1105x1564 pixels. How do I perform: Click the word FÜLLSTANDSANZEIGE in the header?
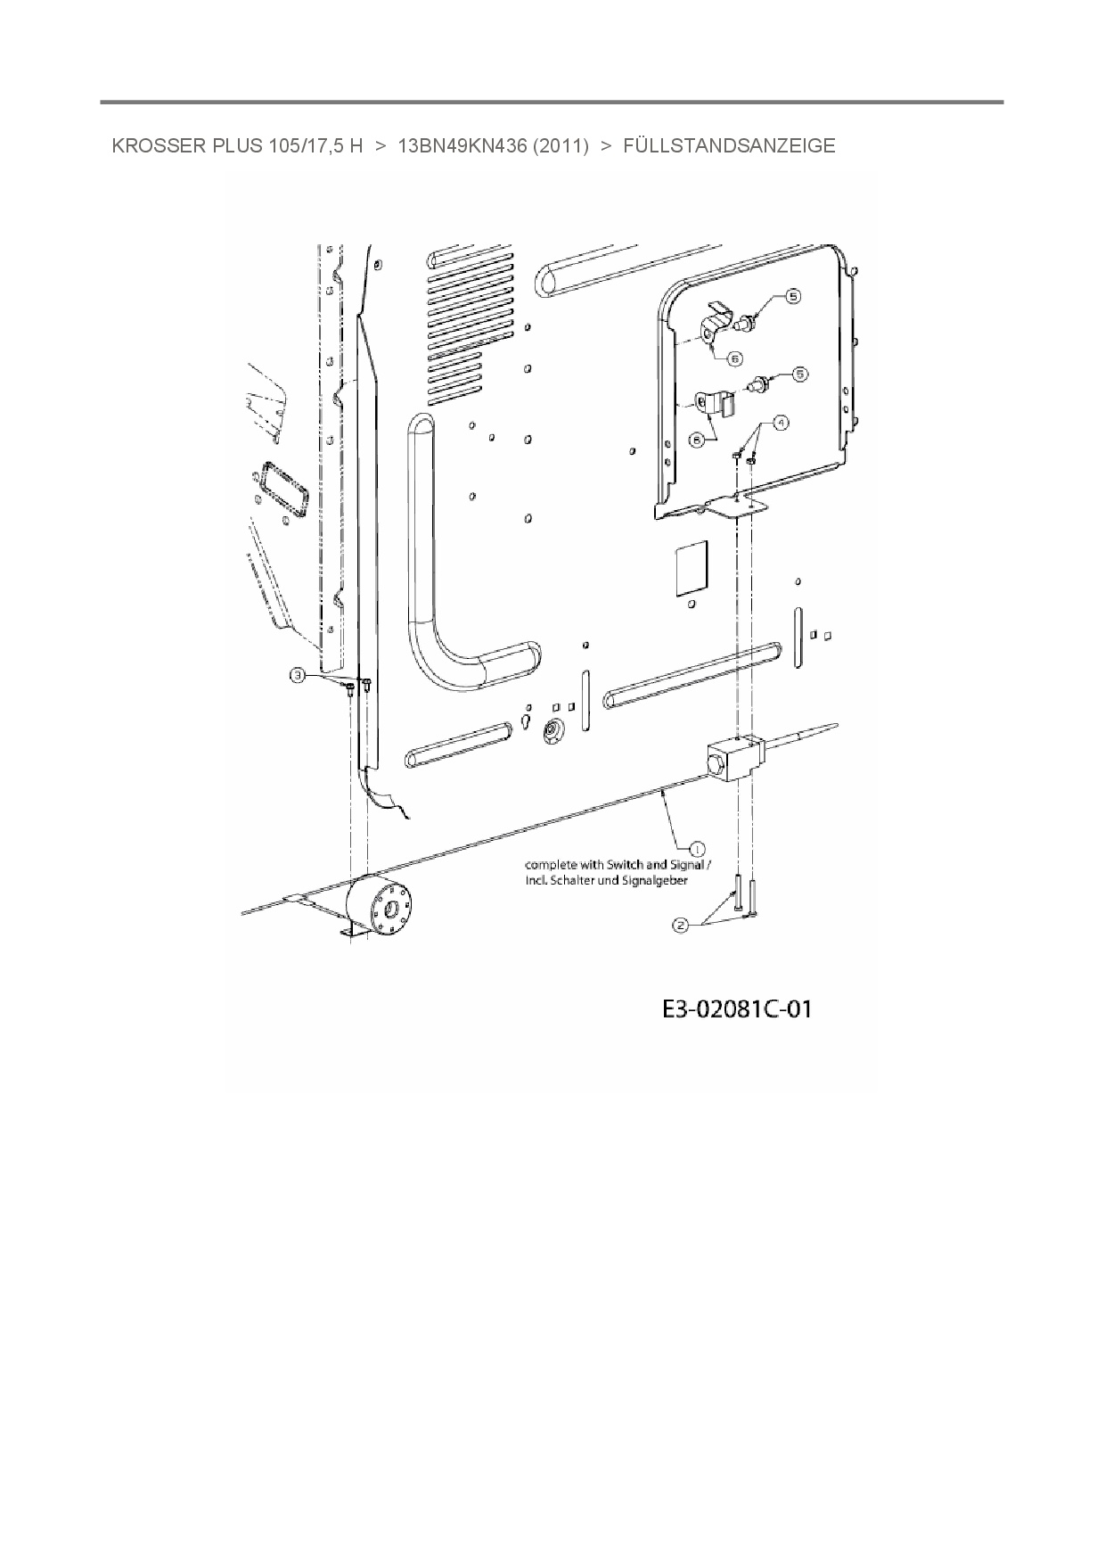coord(729,146)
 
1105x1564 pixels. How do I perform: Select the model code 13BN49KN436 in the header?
coord(462,146)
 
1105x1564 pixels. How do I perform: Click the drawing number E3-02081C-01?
coord(737,1009)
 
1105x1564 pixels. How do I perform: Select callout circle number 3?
coord(299,677)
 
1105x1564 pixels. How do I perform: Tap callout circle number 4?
coord(781,423)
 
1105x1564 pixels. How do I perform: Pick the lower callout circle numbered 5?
coord(799,375)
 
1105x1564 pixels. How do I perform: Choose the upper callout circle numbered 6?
coord(735,358)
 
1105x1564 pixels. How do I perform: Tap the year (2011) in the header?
coord(561,146)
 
